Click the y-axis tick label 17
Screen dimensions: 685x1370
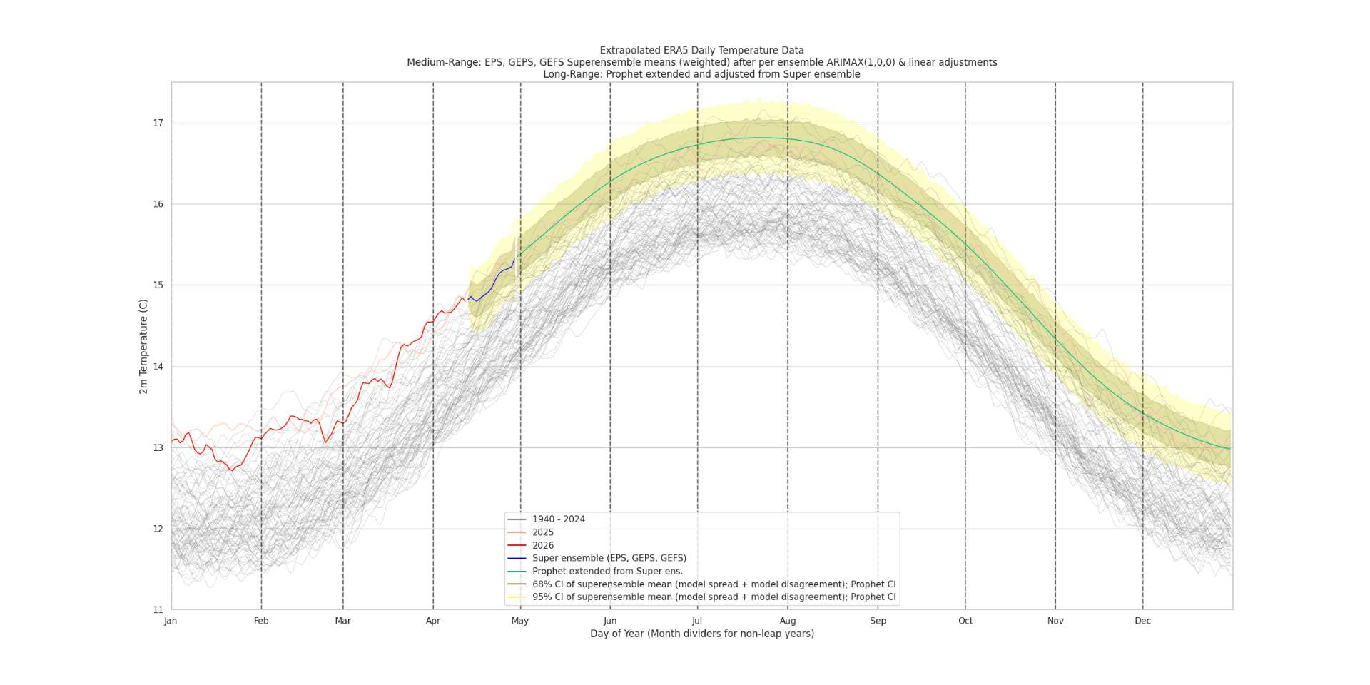(158, 123)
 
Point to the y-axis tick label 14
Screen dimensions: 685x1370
(158, 367)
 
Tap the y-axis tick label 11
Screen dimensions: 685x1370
(158, 610)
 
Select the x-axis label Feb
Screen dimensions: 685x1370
(261, 621)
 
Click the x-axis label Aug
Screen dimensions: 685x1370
(788, 621)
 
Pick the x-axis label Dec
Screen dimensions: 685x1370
(1142, 621)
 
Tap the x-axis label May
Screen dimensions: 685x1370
(520, 621)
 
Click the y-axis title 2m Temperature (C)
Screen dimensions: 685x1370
(143, 346)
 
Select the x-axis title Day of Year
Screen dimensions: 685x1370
(701, 634)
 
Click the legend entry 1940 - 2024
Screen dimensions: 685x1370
(558, 519)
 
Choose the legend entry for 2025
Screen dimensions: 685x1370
(542, 532)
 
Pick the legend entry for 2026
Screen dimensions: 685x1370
(542, 545)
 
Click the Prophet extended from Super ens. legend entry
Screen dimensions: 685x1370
(607, 571)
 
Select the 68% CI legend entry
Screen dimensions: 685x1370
(714, 584)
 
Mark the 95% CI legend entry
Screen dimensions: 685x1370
(714, 597)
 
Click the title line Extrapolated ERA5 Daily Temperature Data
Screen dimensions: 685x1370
(701, 51)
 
